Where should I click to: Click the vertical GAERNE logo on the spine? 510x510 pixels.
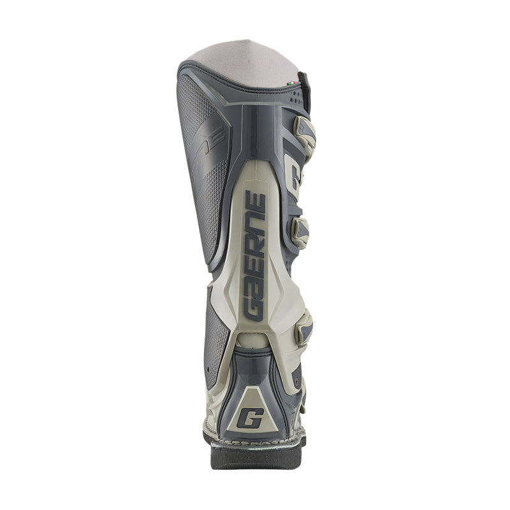pos(254,255)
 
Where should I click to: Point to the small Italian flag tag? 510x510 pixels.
pos(291,83)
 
